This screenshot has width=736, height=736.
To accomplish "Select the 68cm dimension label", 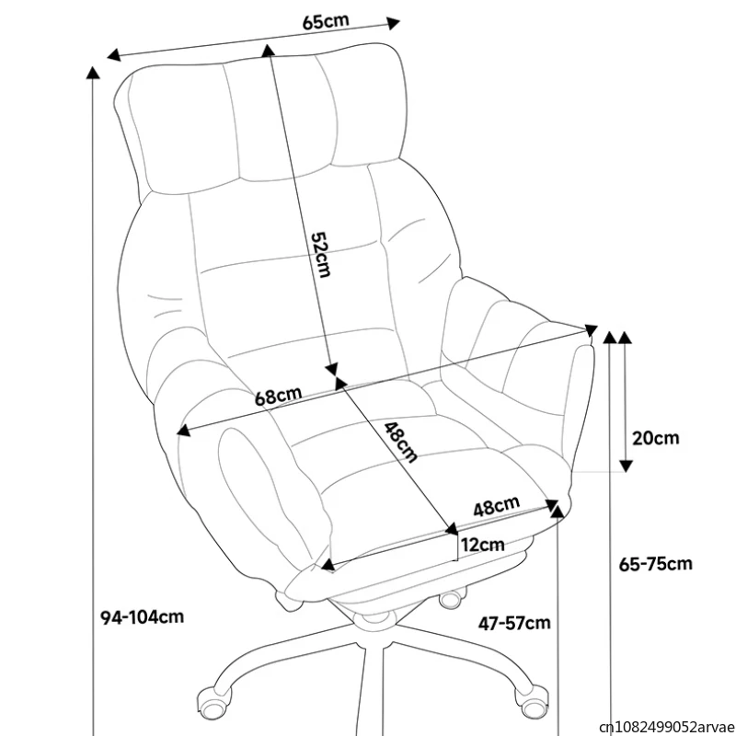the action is [x=278, y=397].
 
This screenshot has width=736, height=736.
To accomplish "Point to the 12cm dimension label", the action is [x=482, y=545].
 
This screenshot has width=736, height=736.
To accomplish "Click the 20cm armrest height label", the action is [x=656, y=438].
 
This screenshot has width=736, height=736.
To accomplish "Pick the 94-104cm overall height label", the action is [x=142, y=616].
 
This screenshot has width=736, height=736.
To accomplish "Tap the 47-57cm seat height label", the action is [x=514, y=624].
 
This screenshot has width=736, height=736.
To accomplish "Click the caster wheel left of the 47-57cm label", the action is [x=451, y=600].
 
